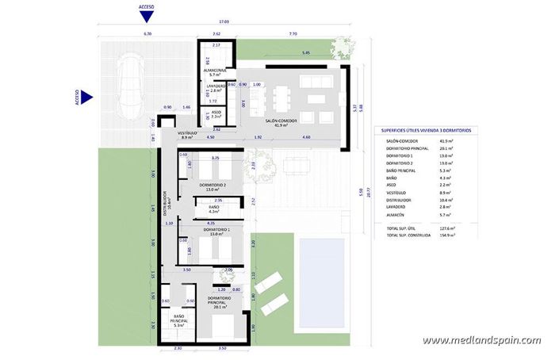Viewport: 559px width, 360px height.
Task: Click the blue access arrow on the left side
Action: (87, 98)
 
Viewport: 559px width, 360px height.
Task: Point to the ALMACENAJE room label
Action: (214, 71)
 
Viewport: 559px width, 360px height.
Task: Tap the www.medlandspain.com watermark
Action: (481, 340)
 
